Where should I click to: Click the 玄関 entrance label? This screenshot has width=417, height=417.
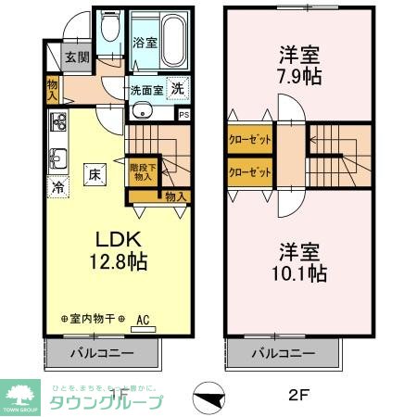77,57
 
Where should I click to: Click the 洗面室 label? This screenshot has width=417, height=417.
146,90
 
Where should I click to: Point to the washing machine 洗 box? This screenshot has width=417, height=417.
177,91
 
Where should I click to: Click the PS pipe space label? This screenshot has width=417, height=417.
183,115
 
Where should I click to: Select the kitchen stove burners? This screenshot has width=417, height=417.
58,121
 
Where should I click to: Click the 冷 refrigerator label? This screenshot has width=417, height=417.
57,185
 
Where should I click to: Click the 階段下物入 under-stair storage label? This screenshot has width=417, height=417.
143,171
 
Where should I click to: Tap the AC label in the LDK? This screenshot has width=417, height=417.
143,321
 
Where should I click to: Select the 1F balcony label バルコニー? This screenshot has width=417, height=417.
104,353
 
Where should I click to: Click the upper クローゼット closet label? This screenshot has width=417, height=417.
249,142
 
